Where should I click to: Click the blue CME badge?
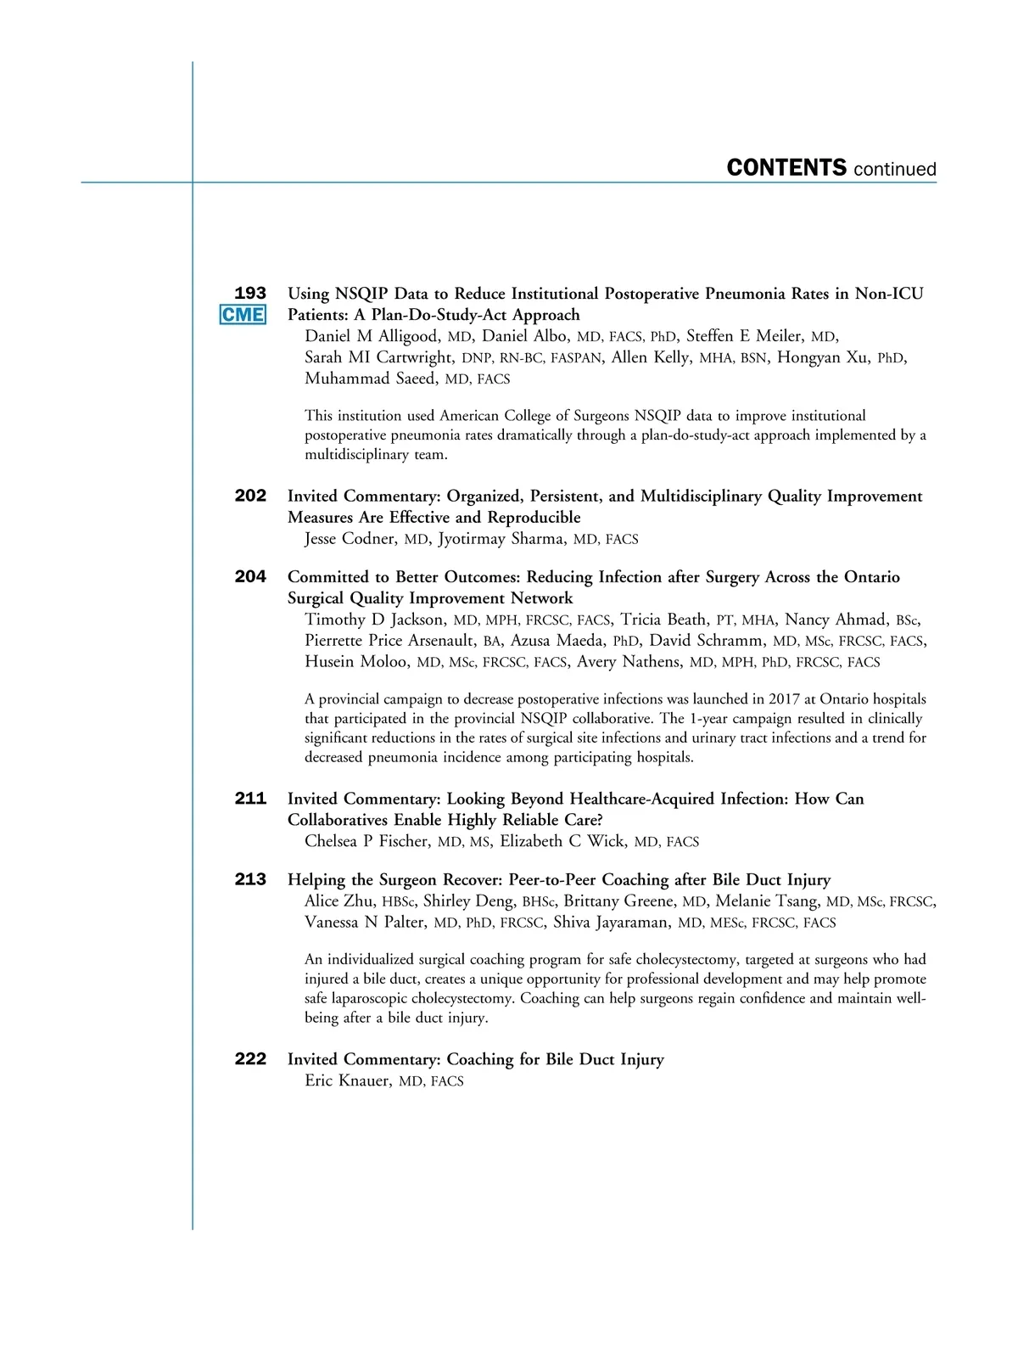243,315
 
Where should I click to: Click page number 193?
250,294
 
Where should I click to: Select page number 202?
250,496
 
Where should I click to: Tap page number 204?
250,577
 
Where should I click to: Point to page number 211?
250,799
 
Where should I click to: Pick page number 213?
250,879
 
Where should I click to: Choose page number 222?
250,1059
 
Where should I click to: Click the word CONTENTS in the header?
786,168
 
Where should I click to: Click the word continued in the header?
895,170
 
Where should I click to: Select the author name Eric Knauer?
348,1080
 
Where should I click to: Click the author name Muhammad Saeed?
371,379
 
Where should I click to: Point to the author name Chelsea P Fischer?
366,841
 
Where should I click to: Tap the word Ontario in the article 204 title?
871,577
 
